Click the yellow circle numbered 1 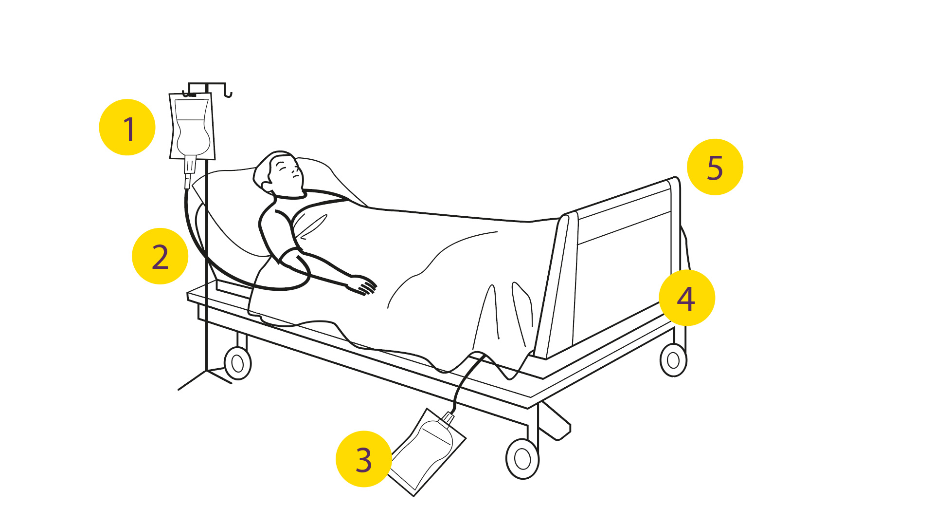tap(127, 128)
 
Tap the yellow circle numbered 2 tap(160, 256)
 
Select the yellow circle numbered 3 tap(364, 459)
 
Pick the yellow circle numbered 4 tap(687, 298)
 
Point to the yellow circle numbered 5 tap(715, 167)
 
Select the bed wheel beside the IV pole tap(237, 363)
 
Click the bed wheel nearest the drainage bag tap(522, 459)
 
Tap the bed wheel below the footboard tap(673, 360)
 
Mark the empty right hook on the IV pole tap(228, 93)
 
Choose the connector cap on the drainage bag tap(448, 417)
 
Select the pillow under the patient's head tap(272, 205)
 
